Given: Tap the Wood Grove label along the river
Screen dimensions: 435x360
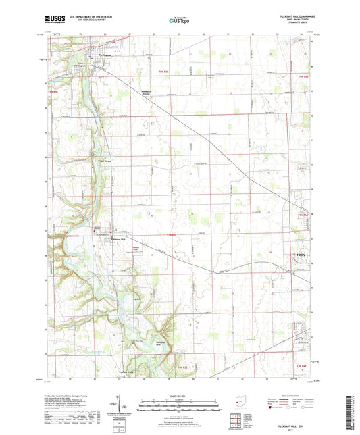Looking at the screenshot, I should point(103,161).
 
